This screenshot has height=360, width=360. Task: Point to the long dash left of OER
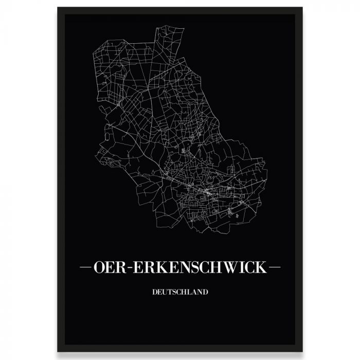(85, 268)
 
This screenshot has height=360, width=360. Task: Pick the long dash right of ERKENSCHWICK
(275, 268)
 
